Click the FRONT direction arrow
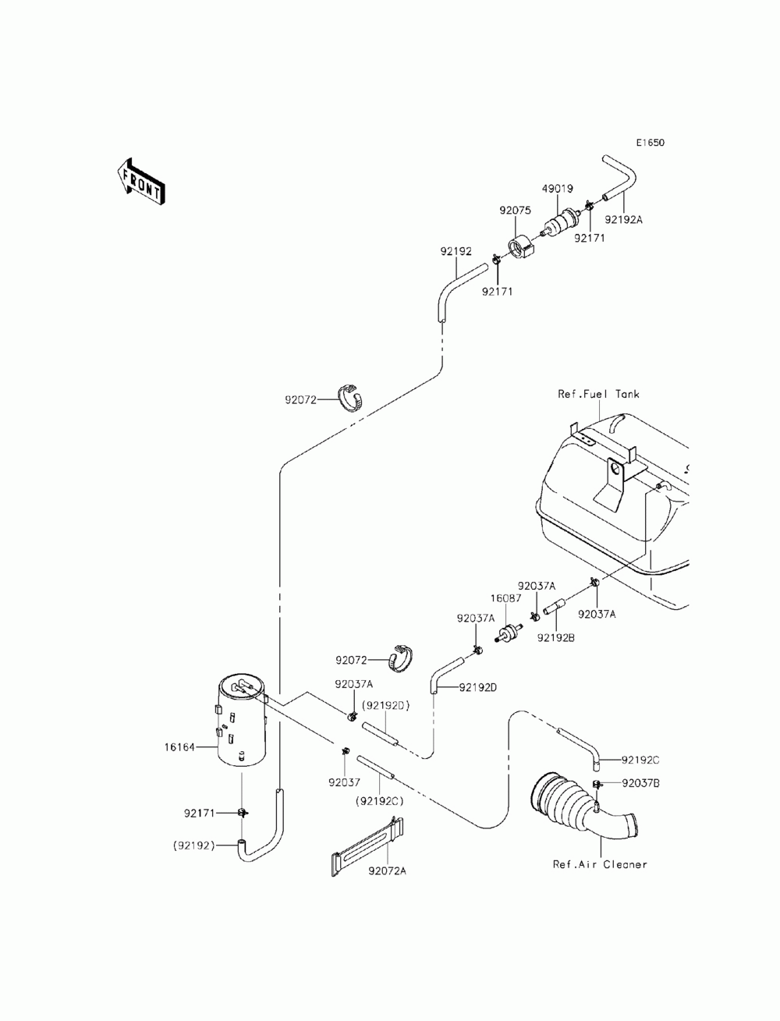140,182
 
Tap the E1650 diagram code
650,143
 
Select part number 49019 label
557,189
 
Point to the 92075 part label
515,211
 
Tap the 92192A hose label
623,219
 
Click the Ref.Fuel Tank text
598,394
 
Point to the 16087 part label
505,598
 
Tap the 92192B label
556,638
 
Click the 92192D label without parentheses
477,687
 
